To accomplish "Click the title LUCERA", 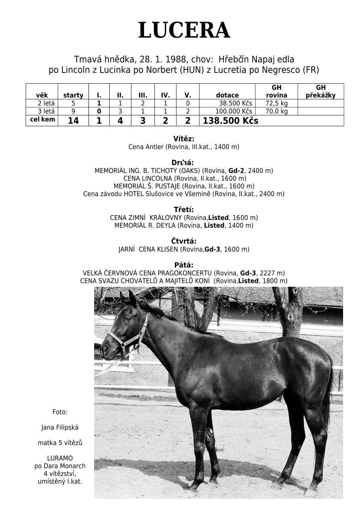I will (x=184, y=31).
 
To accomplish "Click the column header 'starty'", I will (x=73, y=95).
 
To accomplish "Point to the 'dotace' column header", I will (x=227, y=95).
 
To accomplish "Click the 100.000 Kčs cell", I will (x=234, y=111).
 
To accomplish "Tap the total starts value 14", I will (x=73, y=121).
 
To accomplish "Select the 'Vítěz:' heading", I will (x=183, y=139).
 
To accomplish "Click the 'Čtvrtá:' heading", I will (x=183, y=241).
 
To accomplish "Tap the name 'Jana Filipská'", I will (x=60, y=428).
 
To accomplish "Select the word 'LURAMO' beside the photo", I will (x=60, y=458).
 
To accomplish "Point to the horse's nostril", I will (x=104, y=347).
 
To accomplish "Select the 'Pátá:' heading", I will (x=183, y=265).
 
